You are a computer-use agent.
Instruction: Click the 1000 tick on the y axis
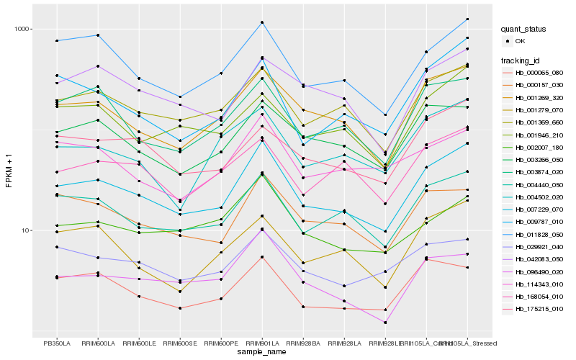[25, 30]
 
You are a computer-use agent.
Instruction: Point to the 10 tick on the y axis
[28, 230]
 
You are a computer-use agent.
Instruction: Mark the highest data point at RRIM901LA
[263, 22]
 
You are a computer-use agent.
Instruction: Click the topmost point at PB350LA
[57, 40]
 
